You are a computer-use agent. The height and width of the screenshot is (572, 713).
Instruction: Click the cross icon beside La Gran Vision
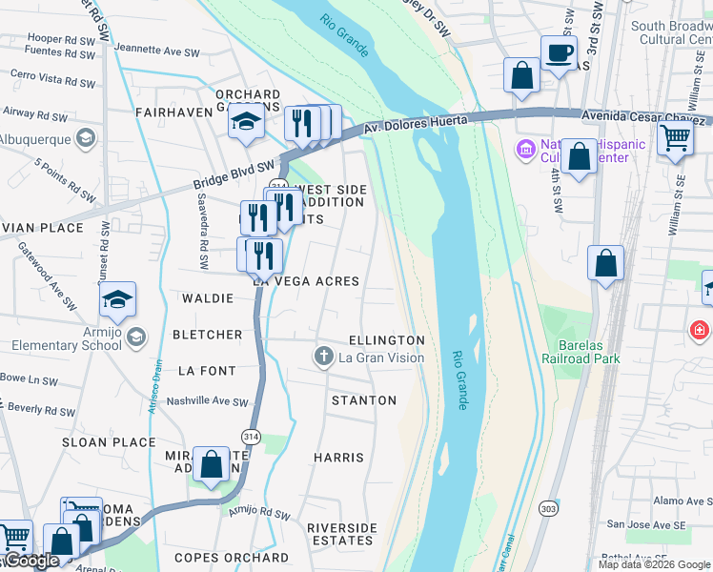[324, 357]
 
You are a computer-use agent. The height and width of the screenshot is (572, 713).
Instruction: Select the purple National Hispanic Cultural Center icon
[524, 149]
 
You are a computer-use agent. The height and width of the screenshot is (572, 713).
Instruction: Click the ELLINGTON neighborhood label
[386, 340]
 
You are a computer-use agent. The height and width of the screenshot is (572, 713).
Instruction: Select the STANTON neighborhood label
[363, 400]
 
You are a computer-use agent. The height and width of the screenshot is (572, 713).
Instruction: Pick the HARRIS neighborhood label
[338, 458]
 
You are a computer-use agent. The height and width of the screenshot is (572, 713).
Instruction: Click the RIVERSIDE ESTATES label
[341, 534]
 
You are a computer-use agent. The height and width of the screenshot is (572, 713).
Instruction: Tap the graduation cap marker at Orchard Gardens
[247, 123]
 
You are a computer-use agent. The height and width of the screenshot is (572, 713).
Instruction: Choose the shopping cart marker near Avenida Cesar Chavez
[675, 137]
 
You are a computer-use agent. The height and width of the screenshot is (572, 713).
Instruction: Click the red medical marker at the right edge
[700, 330]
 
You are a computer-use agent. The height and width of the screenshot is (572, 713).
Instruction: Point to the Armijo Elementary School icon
[135, 337]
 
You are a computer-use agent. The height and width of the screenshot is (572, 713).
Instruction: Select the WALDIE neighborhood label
[207, 298]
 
